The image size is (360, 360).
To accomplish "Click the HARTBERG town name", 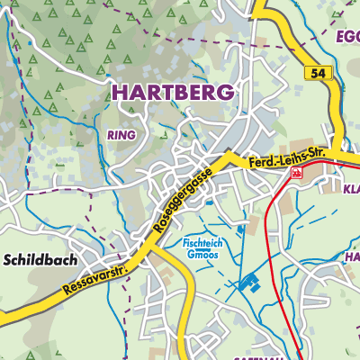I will pyautogui.click(x=172, y=92).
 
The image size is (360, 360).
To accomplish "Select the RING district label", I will pyautogui.click(x=121, y=135).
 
